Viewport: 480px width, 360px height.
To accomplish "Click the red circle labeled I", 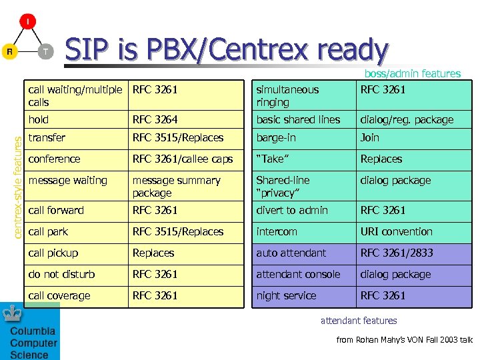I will [27, 22].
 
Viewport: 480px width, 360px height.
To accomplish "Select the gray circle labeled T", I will [45, 51].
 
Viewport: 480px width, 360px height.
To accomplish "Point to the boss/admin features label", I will [412, 74].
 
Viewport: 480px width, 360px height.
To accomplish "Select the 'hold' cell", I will [39, 119].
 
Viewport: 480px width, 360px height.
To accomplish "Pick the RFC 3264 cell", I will [155, 119].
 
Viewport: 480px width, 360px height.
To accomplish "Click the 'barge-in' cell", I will [276, 137].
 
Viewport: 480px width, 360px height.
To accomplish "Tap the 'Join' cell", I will [370, 137].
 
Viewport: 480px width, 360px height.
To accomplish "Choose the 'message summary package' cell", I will [176, 187].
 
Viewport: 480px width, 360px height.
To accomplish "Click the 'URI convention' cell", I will [396, 231].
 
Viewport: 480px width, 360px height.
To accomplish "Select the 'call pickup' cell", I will [53, 253].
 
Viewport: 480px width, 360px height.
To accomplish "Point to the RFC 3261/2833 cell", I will [397, 253].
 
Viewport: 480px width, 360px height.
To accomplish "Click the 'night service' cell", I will [286, 295].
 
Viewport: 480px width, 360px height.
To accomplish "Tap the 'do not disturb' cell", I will [61, 274].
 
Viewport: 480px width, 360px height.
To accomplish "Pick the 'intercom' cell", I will [277, 231].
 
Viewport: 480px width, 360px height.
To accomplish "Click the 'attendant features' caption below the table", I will [359, 321].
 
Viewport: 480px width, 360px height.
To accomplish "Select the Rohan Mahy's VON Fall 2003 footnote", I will [404, 340].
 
